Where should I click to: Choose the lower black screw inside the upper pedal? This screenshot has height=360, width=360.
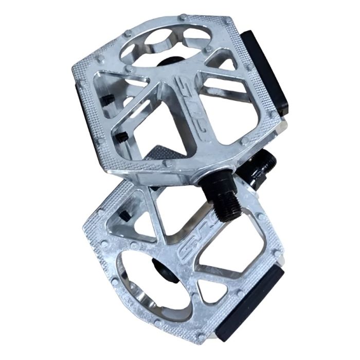[x=121, y=136]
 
